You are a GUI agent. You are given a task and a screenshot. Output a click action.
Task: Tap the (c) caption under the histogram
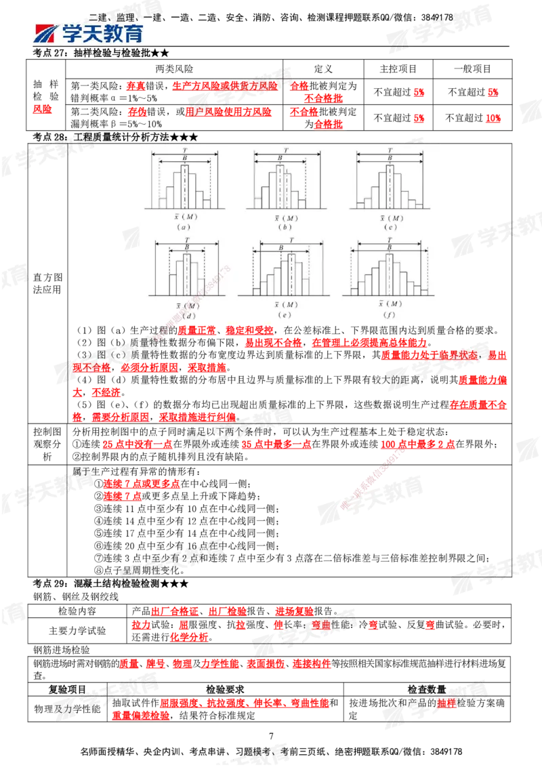click(x=390, y=227)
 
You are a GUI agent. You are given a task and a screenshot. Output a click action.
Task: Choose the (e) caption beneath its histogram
click(x=291, y=315)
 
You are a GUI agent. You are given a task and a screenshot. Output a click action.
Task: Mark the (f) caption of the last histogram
click(x=390, y=315)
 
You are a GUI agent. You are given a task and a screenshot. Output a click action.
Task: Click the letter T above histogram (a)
click(x=184, y=150)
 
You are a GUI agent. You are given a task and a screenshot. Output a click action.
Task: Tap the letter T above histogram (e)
click(x=291, y=241)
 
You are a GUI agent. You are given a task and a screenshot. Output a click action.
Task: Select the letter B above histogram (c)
click(x=389, y=158)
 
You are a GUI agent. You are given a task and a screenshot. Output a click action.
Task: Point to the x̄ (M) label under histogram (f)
click(x=390, y=306)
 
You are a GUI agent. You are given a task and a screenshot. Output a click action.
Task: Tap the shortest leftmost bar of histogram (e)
click(x=257, y=292)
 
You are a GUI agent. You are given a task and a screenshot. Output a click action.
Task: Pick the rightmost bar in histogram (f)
click(x=425, y=291)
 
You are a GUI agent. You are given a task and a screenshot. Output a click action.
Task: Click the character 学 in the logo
click(x=75, y=33)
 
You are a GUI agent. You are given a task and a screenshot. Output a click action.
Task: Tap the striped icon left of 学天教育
click(x=47, y=34)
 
